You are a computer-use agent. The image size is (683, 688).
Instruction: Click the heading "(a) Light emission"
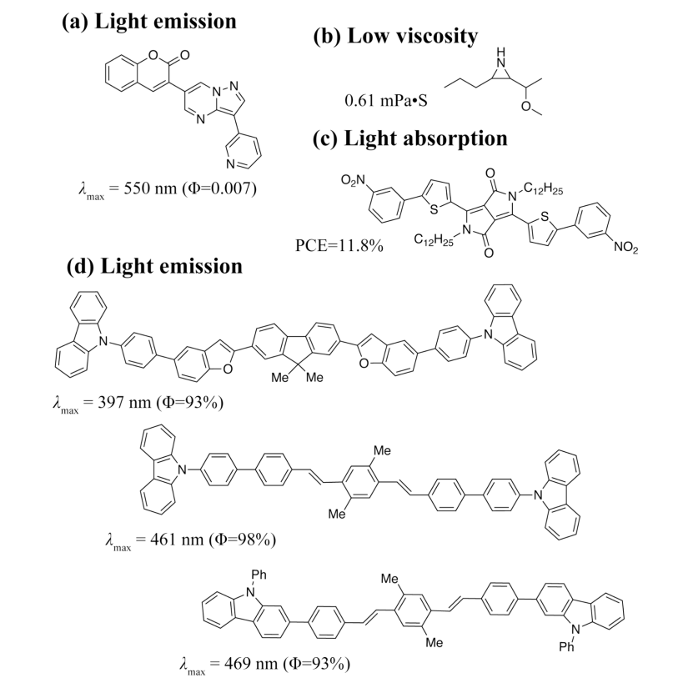(149, 22)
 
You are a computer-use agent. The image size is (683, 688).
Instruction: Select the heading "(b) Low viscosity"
(395, 36)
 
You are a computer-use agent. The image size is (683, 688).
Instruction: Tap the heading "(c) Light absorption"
(410, 138)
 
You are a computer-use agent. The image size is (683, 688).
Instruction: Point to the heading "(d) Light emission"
(154, 266)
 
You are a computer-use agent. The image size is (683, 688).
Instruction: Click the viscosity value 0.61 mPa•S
(386, 100)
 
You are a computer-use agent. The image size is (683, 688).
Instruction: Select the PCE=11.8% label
(339, 246)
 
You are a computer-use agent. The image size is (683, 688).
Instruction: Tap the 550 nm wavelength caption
(168, 189)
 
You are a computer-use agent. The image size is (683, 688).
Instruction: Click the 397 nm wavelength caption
(138, 403)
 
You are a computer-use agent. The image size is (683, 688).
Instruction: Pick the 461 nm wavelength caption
(190, 540)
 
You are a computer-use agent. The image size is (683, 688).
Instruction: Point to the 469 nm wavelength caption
(264, 664)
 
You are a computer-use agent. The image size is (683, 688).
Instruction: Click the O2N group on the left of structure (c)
(353, 180)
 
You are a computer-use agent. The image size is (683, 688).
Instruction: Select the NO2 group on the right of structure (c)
(626, 247)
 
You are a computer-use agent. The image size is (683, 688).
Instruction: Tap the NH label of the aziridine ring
(500, 58)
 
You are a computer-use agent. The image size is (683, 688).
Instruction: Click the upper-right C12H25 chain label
(543, 189)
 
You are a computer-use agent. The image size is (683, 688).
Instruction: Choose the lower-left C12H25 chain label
(434, 239)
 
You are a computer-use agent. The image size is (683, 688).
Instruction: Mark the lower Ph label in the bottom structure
(567, 647)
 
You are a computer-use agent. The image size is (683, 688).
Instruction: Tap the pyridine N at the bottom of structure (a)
(231, 164)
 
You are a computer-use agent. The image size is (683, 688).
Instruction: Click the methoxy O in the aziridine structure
(526, 106)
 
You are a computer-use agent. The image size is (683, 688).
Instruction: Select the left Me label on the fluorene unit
(280, 378)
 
